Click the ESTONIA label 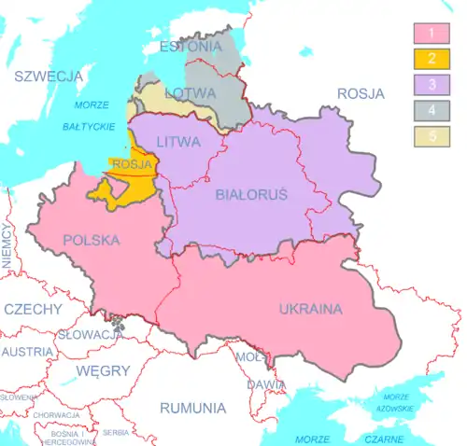[191, 46]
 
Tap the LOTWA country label [191, 93]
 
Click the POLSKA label [91, 240]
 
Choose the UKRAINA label [310, 309]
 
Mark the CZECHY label [33, 309]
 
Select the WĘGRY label [103, 370]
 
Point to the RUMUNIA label [192, 409]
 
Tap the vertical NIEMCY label [7, 246]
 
